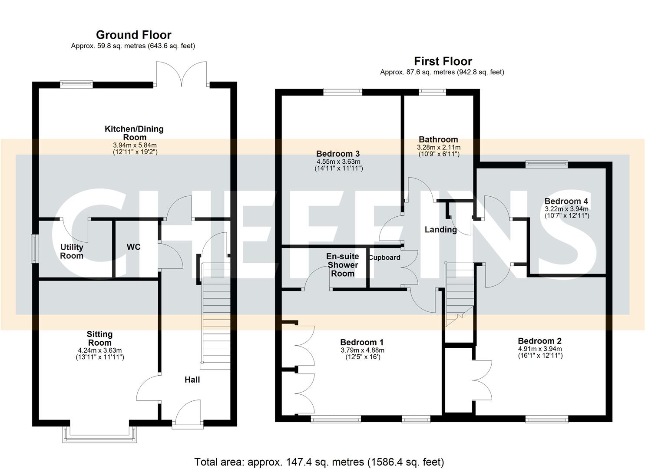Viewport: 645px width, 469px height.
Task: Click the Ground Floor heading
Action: (x=133, y=35)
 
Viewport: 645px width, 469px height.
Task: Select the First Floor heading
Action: (x=443, y=61)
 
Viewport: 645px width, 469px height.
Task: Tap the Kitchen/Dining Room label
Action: (x=134, y=133)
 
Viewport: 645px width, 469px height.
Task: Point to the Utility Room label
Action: (x=72, y=251)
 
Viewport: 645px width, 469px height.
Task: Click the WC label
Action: (x=133, y=247)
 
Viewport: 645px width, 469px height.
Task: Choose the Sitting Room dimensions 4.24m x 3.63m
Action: (x=99, y=350)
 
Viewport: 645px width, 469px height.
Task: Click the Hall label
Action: (x=192, y=380)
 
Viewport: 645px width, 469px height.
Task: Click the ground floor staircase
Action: (x=216, y=319)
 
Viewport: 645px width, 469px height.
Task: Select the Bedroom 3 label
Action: (x=338, y=154)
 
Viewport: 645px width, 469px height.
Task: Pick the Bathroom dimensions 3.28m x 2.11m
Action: (x=438, y=147)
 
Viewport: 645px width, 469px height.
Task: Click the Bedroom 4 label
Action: (x=566, y=201)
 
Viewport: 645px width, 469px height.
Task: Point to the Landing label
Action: (x=440, y=230)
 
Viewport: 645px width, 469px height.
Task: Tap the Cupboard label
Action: (x=384, y=258)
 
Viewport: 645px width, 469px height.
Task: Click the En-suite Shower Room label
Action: (x=342, y=265)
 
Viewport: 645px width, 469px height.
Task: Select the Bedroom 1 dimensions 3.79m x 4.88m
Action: (x=362, y=350)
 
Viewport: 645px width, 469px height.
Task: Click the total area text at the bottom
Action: (x=319, y=462)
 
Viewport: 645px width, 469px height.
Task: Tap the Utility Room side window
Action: (x=34, y=249)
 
